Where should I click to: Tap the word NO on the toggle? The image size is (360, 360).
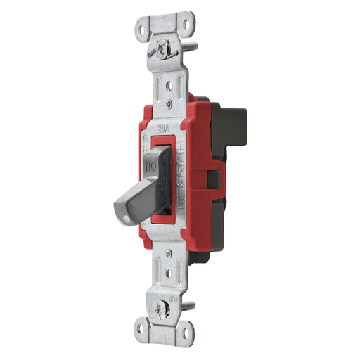pyautogui.click(x=150, y=168)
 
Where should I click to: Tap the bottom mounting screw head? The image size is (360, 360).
pyautogui.click(x=169, y=308)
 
